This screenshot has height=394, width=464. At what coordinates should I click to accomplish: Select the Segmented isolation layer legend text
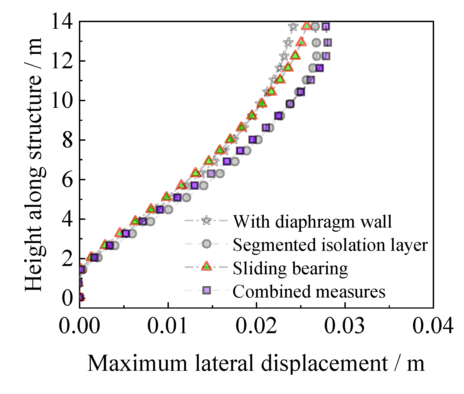tap(330, 245)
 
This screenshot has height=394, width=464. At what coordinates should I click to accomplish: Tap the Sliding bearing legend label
tap(290, 268)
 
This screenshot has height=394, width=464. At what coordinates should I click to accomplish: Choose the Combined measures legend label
tap(309, 291)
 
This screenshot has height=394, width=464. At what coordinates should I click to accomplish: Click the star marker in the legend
tap(207, 220)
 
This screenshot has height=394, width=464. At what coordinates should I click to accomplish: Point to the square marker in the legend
tap(207, 290)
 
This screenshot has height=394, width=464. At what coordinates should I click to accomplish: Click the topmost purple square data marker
tap(326, 27)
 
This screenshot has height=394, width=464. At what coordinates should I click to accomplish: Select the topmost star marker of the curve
tap(293, 27)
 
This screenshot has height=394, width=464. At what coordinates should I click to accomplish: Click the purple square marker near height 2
tap(94, 258)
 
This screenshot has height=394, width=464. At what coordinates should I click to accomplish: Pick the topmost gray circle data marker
tap(316, 27)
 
